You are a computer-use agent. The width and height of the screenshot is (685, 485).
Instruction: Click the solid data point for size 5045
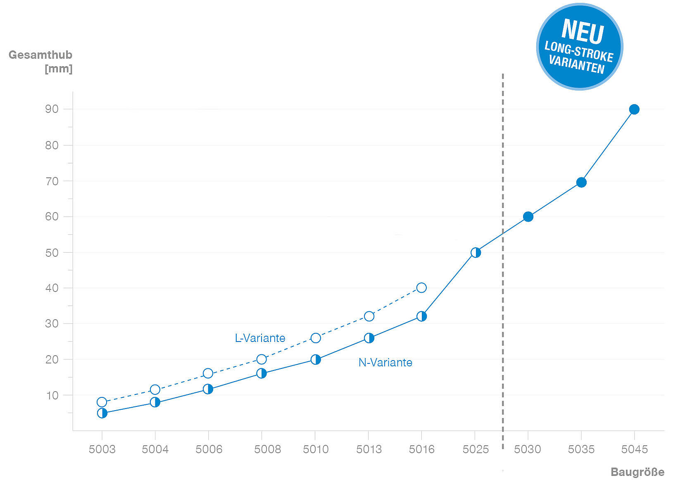click(x=634, y=110)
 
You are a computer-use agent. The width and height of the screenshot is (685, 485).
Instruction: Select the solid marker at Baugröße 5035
click(x=581, y=182)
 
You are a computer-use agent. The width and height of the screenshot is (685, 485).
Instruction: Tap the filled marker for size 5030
click(x=528, y=217)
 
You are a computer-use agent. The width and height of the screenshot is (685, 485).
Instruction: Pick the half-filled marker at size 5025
click(x=476, y=253)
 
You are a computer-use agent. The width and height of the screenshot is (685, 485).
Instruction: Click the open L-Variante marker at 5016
click(x=421, y=288)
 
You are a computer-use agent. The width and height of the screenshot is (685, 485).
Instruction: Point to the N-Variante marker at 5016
click(x=421, y=316)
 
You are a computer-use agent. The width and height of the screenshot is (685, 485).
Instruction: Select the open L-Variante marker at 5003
click(x=102, y=402)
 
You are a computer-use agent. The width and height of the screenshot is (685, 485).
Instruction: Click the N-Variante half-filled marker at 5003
click(x=102, y=413)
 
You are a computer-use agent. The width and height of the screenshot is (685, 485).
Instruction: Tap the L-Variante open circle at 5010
click(x=316, y=338)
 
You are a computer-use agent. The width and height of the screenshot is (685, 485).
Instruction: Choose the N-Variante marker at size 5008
click(x=262, y=374)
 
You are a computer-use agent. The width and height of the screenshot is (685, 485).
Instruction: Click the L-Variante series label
click(x=260, y=338)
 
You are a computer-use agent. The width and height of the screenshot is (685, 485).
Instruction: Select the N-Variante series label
click(x=385, y=363)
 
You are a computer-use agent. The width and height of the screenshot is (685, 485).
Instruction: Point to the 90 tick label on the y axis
click(x=52, y=109)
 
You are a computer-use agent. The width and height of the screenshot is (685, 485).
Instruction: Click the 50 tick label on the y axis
click(x=52, y=253)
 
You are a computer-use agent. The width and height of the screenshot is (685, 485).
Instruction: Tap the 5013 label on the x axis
click(x=369, y=449)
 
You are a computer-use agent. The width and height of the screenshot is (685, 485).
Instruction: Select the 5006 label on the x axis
click(x=209, y=449)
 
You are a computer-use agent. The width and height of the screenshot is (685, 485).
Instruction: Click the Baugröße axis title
click(x=637, y=472)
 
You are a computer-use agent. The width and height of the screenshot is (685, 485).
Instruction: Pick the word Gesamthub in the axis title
click(x=40, y=55)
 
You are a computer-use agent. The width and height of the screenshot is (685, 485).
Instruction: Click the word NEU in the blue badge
click(x=583, y=31)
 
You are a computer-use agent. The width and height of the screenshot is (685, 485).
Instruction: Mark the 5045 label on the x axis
click(x=635, y=449)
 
